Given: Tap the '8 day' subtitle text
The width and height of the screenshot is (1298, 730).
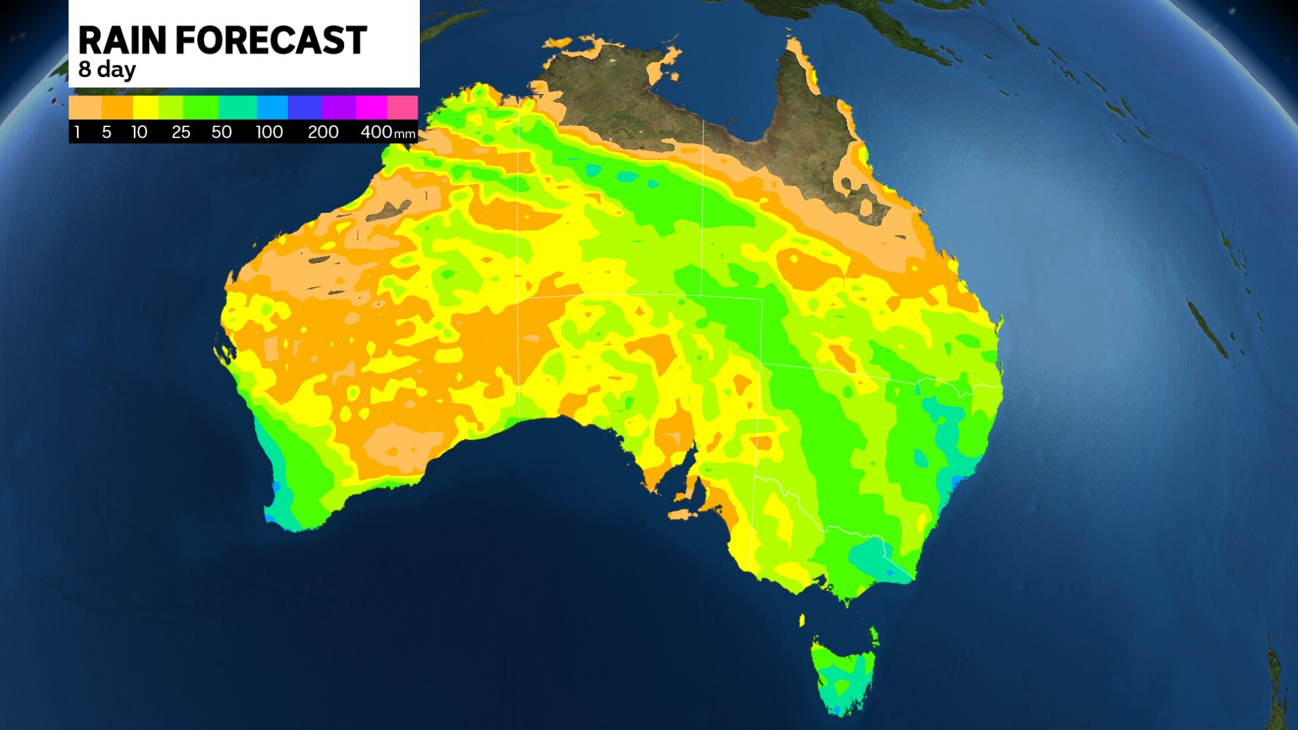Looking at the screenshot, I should pyautogui.click(x=107, y=70).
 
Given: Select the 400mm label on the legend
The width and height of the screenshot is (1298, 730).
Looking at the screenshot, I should pyautogui.click(x=387, y=132).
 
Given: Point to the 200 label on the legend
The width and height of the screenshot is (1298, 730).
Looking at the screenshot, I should pyautogui.click(x=322, y=132).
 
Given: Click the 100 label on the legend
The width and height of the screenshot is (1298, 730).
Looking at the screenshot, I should pyautogui.click(x=268, y=132).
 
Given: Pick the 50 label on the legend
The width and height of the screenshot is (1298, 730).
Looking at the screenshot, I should pyautogui.click(x=221, y=132).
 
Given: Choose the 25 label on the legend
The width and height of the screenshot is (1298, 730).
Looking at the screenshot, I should pyautogui.click(x=181, y=132).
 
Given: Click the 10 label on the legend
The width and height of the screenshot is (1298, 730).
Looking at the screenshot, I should pyautogui.click(x=139, y=132).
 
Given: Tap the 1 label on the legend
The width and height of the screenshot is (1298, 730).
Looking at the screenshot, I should pyautogui.click(x=77, y=132).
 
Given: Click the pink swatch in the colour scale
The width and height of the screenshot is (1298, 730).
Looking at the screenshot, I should pyautogui.click(x=402, y=107).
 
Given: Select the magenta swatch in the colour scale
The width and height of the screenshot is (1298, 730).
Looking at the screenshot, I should pyautogui.click(x=371, y=107).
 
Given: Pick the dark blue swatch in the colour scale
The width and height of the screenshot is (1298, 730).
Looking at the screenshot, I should pyautogui.click(x=305, y=107).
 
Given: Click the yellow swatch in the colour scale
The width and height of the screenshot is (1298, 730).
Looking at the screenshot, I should pyautogui.click(x=145, y=107).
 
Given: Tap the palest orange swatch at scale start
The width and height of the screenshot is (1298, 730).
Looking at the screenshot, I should pyautogui.click(x=85, y=107).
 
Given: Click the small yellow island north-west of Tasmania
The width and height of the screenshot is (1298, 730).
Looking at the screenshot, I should pyautogui.click(x=802, y=620).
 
